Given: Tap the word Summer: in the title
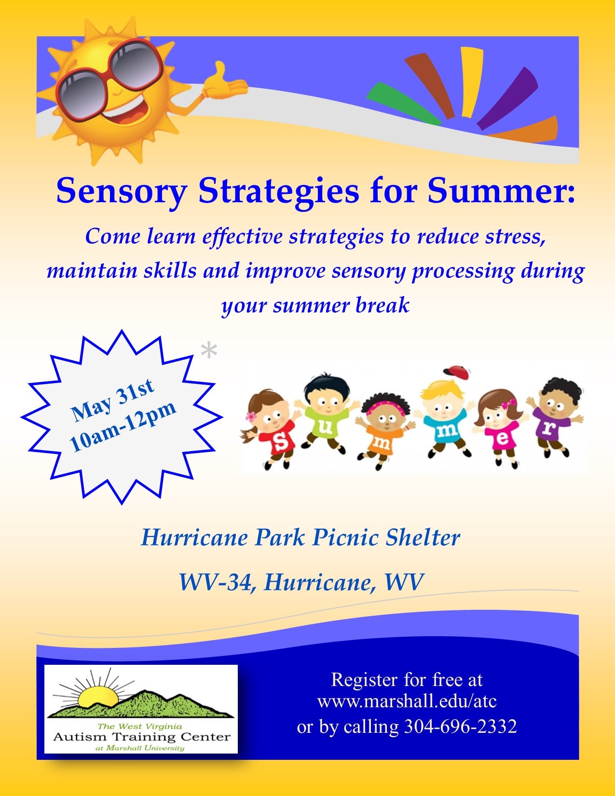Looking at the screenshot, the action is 502,191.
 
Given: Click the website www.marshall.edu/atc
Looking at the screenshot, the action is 407,701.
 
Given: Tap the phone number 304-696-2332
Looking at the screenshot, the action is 460,726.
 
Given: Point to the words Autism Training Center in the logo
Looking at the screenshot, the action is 141,737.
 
